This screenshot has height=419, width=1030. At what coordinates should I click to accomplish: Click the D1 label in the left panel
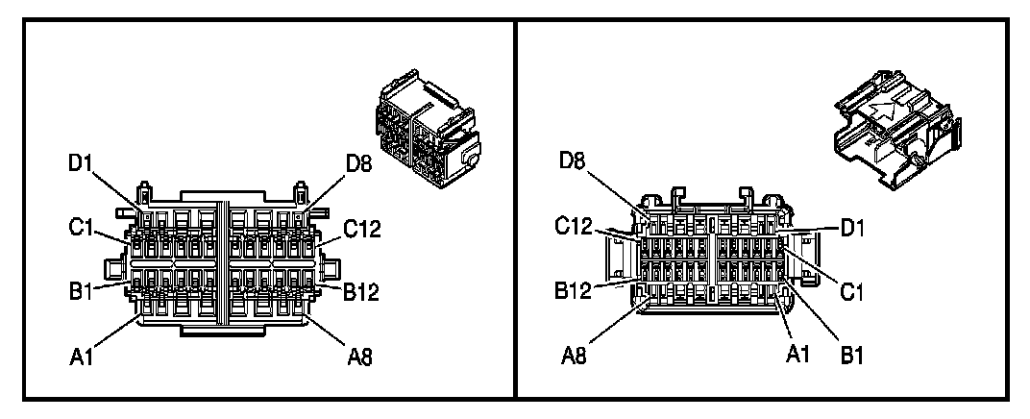click(x=80, y=163)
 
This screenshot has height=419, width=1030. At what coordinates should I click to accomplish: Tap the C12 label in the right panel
click(x=574, y=228)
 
